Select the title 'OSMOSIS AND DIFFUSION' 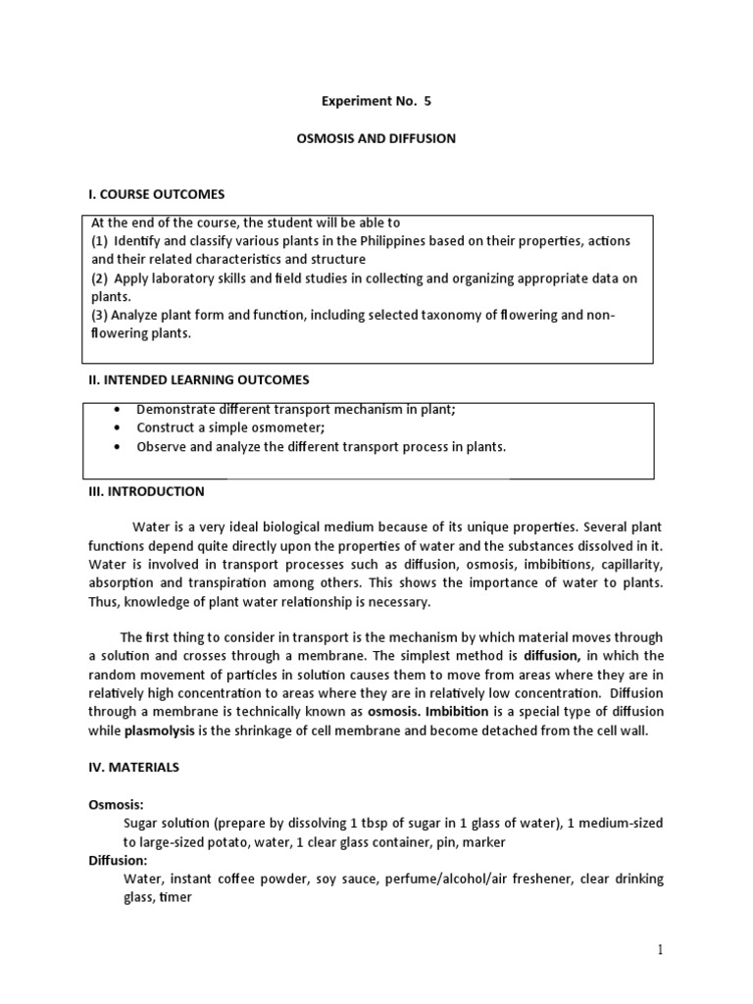click(376, 139)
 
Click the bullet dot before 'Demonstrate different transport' click(118, 410)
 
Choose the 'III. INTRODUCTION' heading click(148, 491)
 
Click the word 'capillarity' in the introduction click(627, 565)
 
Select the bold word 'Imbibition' click(469, 712)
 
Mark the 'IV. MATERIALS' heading click(134, 768)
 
